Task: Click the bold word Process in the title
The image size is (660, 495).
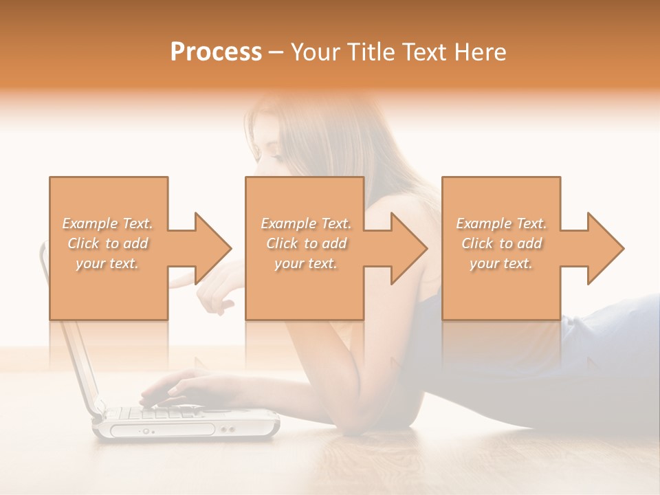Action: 216,52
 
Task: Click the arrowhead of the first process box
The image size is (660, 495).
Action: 212,248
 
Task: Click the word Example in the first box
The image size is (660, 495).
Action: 89,223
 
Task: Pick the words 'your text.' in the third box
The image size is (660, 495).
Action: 500,263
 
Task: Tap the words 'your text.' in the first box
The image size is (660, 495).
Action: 107,263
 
